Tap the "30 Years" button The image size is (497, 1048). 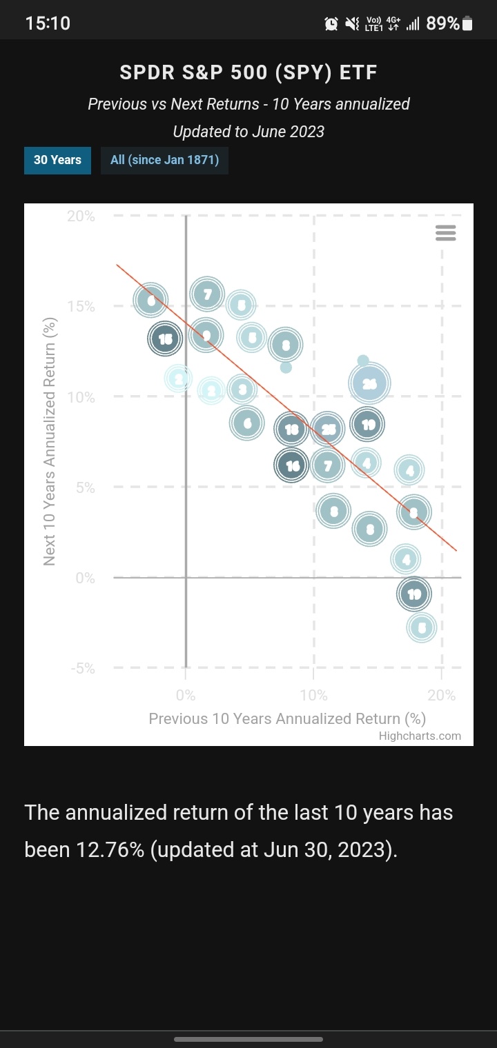click(57, 160)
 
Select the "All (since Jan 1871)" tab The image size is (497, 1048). click(164, 160)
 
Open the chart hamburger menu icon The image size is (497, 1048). click(446, 233)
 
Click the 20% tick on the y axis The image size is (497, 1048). click(81, 216)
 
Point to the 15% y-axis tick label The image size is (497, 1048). click(81, 306)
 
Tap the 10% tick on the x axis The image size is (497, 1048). click(314, 694)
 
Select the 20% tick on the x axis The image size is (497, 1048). click(442, 694)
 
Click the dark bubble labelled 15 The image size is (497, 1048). click(165, 339)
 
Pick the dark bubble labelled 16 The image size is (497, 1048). click(293, 466)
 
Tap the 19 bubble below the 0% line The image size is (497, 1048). click(414, 594)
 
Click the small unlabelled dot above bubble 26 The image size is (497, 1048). click(363, 361)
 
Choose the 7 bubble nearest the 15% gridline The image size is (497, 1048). click(207, 295)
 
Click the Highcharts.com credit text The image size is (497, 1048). click(420, 735)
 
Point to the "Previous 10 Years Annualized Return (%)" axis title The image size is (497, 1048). click(287, 718)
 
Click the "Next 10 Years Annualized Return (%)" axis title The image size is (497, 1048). click(49, 442)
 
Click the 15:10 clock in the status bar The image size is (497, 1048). click(48, 23)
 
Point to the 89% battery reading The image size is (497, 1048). click(442, 23)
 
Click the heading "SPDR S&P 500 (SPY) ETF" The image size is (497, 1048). click(248, 72)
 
